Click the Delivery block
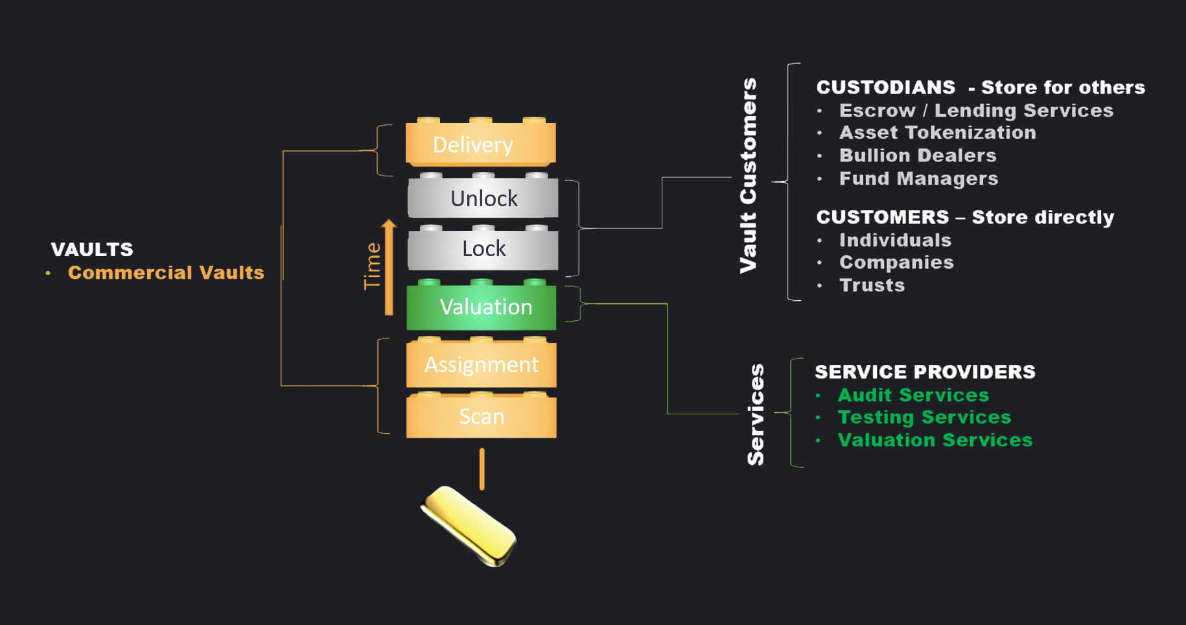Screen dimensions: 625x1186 [480, 144]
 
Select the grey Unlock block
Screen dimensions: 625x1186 [483, 198]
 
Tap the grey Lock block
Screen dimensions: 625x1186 [483, 249]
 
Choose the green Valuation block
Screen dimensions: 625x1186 [482, 307]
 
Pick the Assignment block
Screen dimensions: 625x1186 [481, 364]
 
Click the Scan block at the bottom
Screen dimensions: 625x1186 [481, 416]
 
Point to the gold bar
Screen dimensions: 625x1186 [469, 525]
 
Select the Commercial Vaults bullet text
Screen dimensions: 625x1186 [166, 272]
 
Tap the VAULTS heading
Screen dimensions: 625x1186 [92, 250]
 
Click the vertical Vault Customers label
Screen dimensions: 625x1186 [749, 175]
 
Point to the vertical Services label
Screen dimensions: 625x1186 [756, 414]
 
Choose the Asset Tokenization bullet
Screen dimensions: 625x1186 [937, 133]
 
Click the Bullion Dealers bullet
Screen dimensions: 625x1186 [918, 156]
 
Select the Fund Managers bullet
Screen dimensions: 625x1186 [918, 179]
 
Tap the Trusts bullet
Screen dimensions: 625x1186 [872, 285]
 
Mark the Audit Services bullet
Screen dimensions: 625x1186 [913, 395]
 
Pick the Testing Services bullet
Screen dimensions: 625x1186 [924, 417]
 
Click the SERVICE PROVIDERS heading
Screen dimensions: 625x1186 [925, 372]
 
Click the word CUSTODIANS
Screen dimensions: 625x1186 [885, 88]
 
